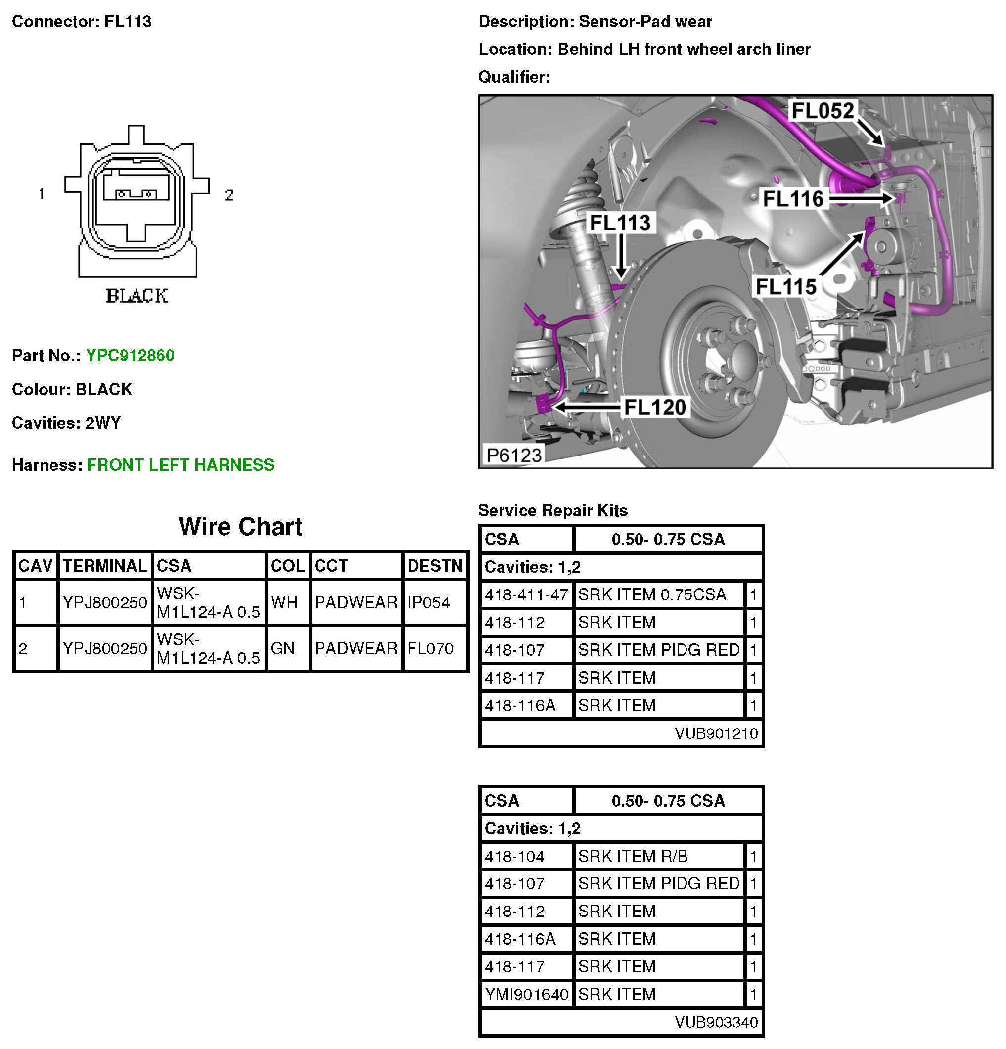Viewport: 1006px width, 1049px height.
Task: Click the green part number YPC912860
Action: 130,356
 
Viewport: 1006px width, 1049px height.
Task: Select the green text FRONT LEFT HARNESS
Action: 181,464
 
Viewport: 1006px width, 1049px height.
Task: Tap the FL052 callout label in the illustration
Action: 823,111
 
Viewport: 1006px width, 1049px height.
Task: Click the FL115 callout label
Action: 785,287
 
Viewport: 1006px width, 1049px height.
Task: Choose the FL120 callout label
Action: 655,408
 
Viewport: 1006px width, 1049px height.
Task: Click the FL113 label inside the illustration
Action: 620,223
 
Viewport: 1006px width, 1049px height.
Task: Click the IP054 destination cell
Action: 429,602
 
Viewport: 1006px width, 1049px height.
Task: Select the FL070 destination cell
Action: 430,649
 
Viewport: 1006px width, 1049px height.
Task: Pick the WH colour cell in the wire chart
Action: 284,602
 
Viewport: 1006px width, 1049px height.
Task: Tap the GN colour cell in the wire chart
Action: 282,649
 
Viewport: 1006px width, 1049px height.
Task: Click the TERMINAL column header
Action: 105,566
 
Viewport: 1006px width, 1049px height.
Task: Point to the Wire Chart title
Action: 240,527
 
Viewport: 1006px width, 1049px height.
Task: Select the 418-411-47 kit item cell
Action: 526,594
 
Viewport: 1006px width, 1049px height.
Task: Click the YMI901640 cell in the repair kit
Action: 526,994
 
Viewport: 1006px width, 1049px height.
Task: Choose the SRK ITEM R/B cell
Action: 633,856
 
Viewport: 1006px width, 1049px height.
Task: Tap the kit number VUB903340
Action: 716,1022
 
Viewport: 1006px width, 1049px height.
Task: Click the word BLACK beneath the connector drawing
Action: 137,296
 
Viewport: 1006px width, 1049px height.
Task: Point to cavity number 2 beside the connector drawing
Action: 229,195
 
